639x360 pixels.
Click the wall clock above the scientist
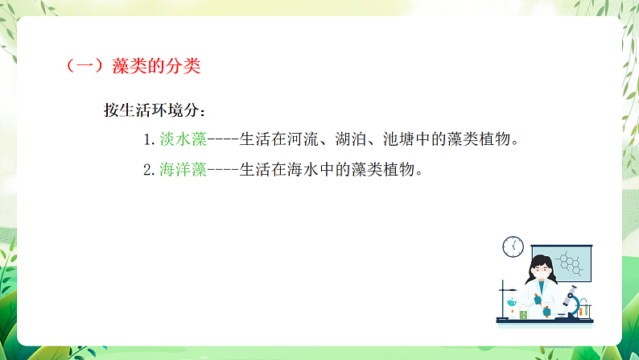click(x=513, y=246)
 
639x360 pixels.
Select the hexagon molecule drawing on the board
click(x=572, y=260)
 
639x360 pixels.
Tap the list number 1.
click(x=147, y=140)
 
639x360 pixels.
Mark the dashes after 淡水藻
click(x=223, y=140)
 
